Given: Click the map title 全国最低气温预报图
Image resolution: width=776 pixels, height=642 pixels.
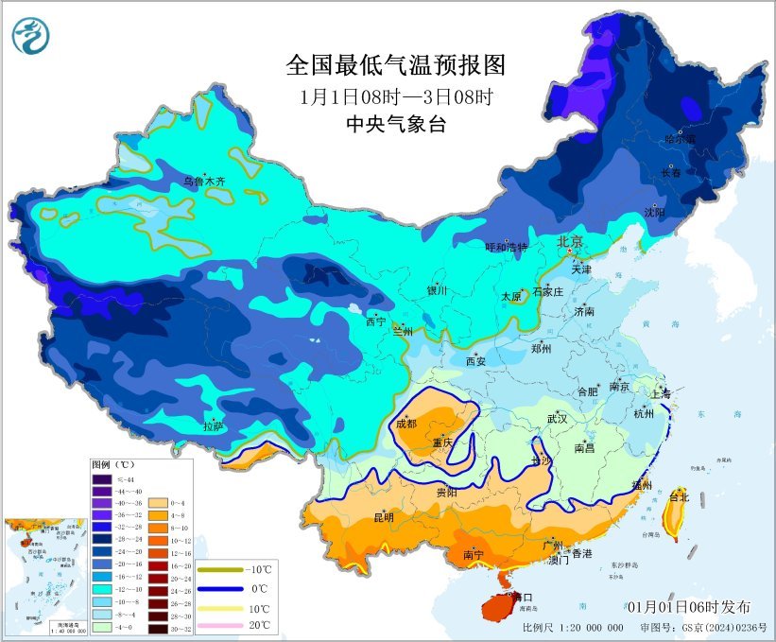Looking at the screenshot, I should [396, 65].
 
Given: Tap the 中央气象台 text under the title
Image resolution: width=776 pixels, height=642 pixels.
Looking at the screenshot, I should [396, 124].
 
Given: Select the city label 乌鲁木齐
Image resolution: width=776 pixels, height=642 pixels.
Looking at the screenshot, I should [204, 180].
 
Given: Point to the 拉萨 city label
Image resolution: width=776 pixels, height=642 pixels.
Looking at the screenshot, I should [214, 426].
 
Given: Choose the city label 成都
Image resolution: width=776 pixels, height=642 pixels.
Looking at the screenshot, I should [406, 424].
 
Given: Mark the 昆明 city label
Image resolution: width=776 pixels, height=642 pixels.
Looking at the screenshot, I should [384, 517].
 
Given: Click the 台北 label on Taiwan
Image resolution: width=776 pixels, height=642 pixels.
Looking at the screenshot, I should [680, 496].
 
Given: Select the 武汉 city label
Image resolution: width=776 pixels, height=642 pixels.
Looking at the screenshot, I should [557, 418].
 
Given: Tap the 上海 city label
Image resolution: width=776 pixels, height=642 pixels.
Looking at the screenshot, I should [660, 393].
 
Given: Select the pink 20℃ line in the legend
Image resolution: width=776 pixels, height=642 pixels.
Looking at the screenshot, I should [220, 625].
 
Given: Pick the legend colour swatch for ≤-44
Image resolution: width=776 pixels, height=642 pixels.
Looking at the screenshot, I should [101, 480].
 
